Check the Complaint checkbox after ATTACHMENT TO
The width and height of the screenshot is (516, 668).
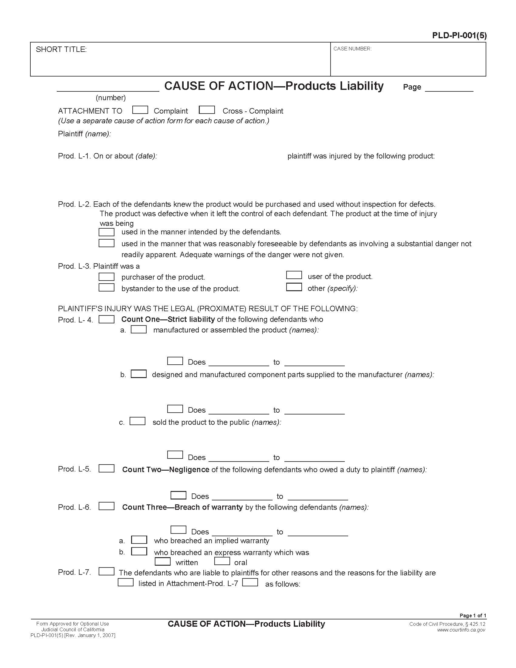(140, 110)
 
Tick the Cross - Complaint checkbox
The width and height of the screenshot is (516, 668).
(207, 110)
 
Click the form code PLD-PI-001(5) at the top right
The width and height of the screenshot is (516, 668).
(459, 36)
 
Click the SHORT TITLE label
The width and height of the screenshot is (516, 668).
(61, 49)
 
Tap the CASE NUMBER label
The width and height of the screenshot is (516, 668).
(352, 49)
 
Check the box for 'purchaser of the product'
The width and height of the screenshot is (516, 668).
(106, 277)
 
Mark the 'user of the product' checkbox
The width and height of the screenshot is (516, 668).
(294, 275)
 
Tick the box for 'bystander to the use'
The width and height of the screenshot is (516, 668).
(106, 288)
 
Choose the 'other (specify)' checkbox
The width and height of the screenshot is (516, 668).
(294, 287)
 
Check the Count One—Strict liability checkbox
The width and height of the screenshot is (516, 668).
(106, 319)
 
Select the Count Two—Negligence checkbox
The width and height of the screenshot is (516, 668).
(106, 469)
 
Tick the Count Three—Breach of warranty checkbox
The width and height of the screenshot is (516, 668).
(106, 506)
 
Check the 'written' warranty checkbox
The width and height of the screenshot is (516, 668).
(163, 561)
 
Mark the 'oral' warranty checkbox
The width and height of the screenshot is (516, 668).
(222, 561)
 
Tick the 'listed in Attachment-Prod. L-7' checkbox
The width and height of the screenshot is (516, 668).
(126, 582)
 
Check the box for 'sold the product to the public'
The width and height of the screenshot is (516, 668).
(137, 421)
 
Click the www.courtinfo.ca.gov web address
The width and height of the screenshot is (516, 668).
(461, 630)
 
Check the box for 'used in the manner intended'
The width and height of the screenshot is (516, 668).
(106, 232)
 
